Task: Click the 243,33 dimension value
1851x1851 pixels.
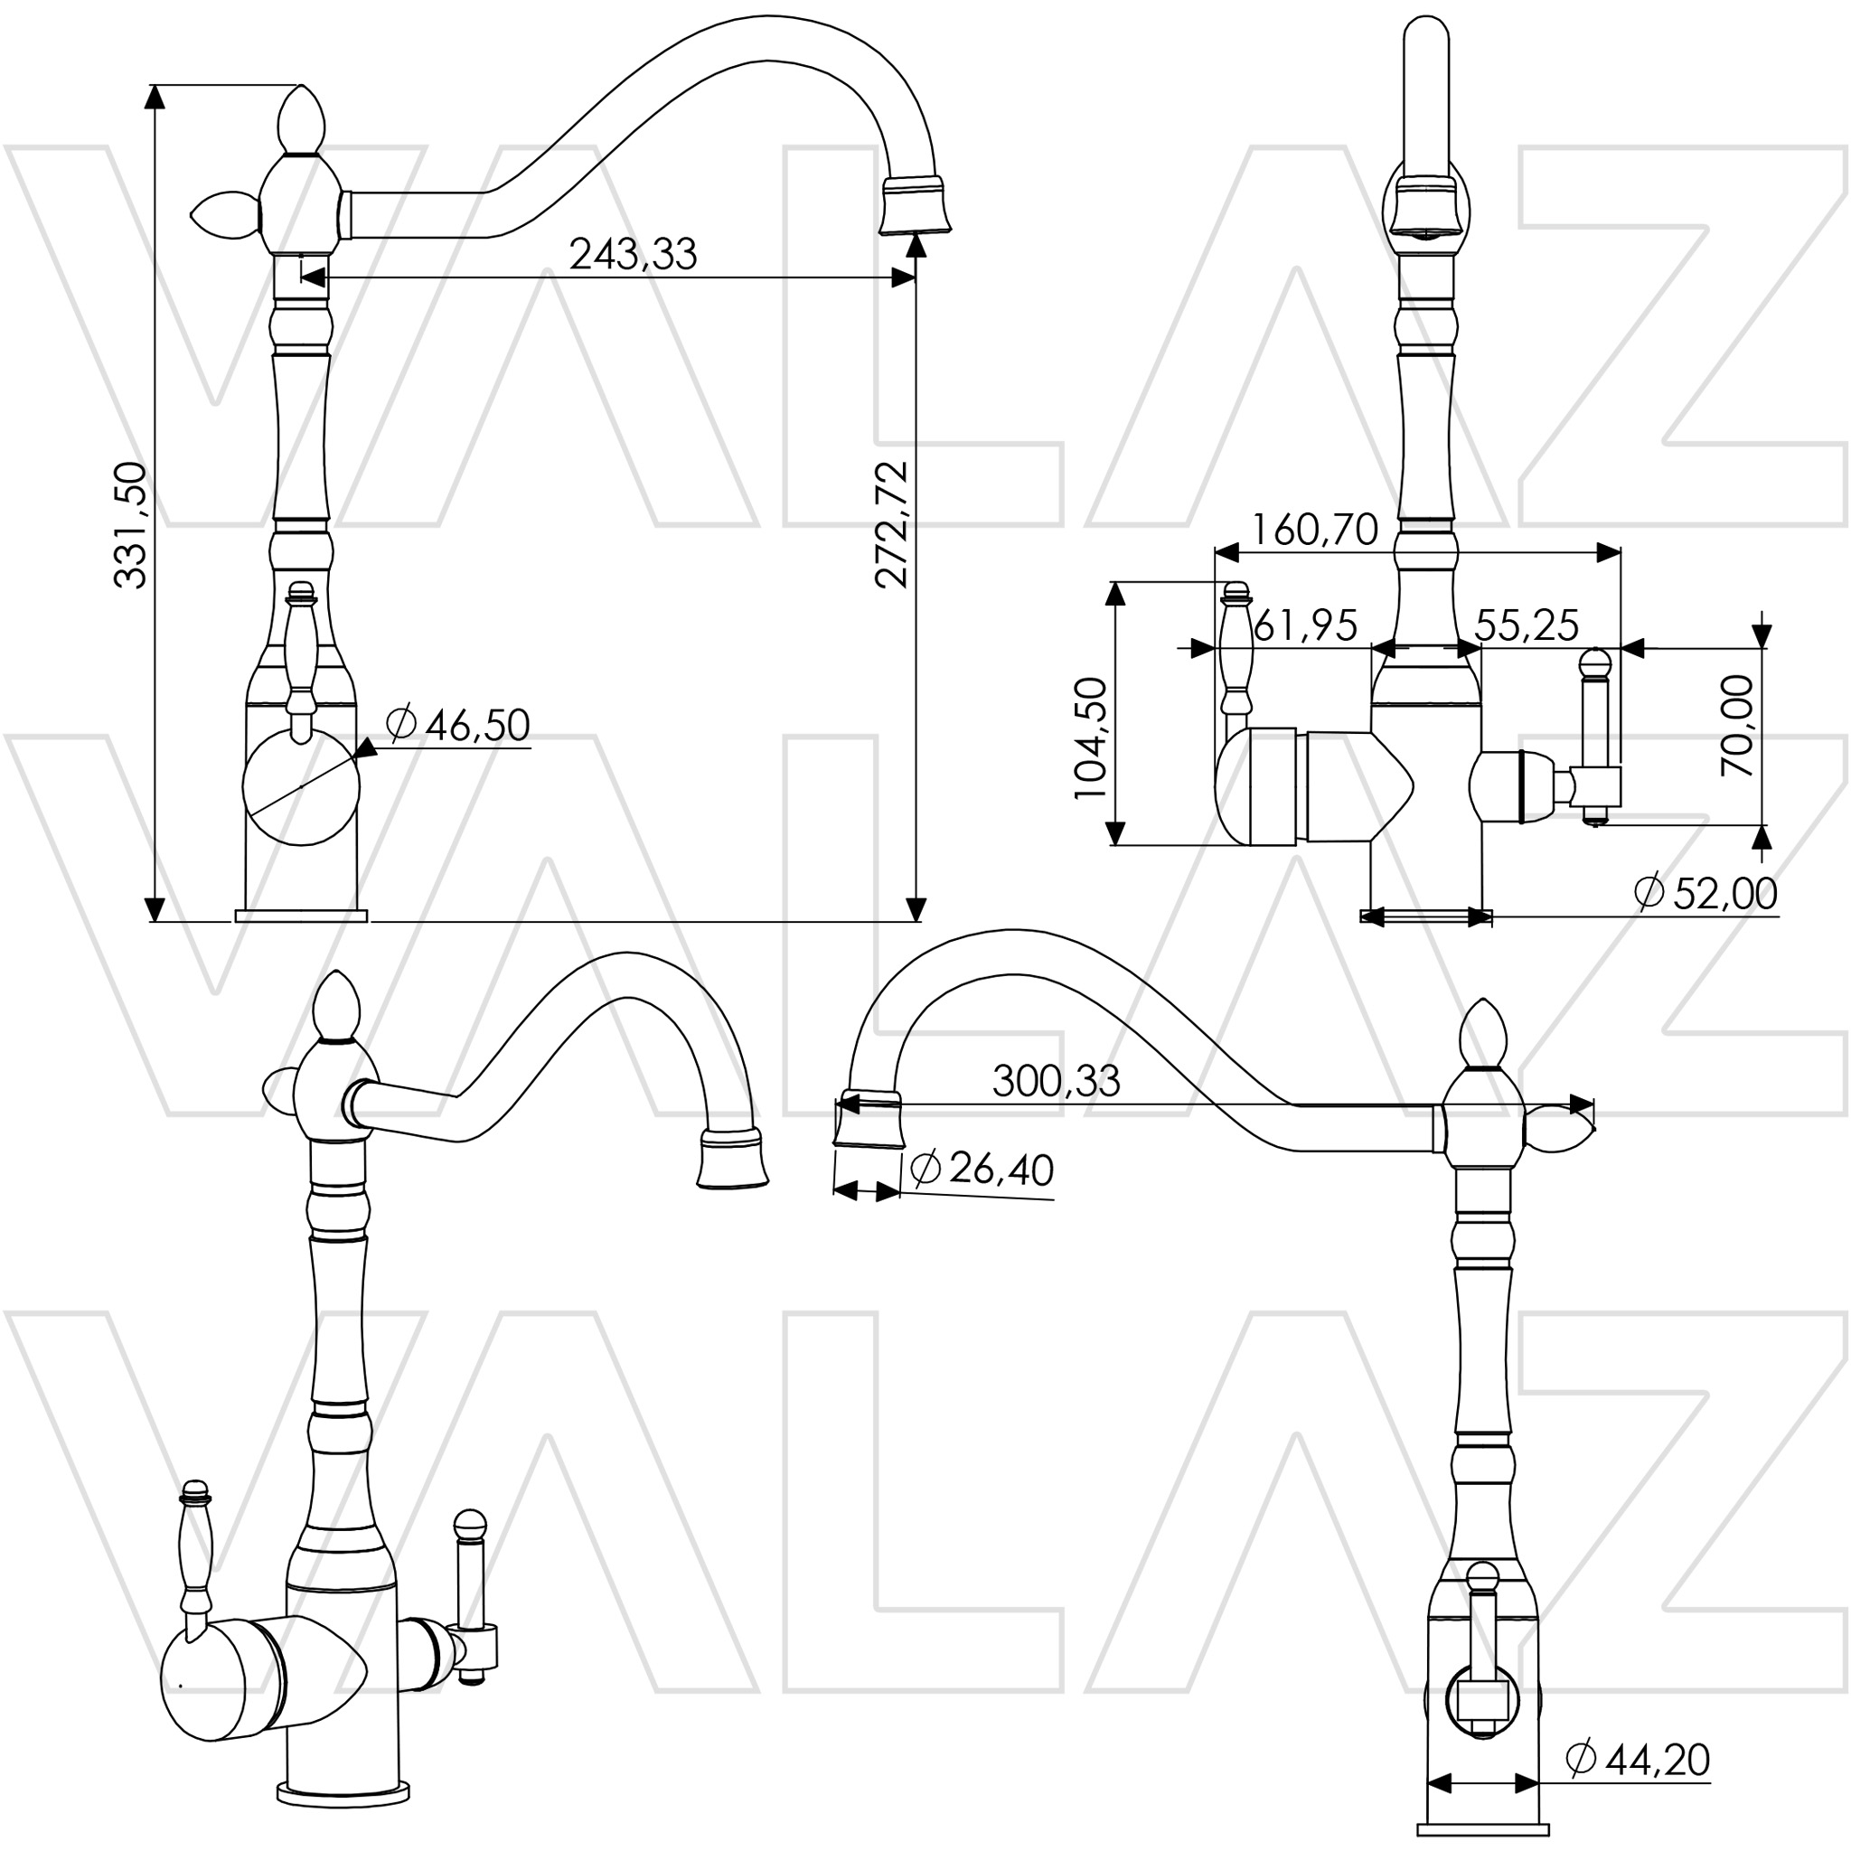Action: pos(633,255)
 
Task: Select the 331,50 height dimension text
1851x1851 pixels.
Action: pos(130,524)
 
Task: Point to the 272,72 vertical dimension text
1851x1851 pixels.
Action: pos(891,524)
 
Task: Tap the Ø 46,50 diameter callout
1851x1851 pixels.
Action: pos(458,725)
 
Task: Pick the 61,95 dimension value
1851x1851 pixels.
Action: pos(1305,625)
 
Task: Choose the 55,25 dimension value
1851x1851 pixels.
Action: pos(1527,625)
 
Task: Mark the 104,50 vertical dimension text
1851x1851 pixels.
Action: pos(1090,738)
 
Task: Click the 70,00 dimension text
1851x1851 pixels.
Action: pos(1736,725)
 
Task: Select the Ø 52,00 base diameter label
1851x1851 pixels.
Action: pos(1705,893)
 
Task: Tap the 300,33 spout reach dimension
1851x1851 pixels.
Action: pos(1056,1081)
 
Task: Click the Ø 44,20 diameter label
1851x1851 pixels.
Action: pos(1638,1759)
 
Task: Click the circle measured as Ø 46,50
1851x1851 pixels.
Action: pos(301,786)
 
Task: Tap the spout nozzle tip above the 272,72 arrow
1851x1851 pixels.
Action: pos(915,204)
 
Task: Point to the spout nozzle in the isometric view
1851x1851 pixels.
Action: pos(733,1160)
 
